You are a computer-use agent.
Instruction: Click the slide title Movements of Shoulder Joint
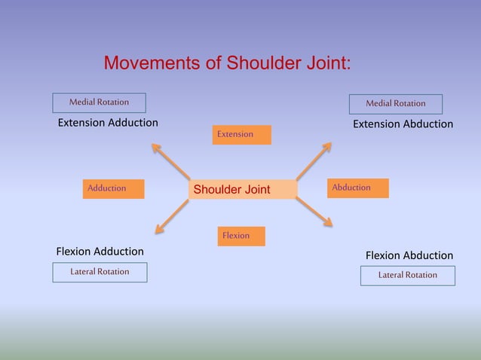tap(226, 62)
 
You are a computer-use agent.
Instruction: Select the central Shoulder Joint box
tap(243, 189)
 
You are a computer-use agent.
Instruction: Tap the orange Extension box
tap(242, 135)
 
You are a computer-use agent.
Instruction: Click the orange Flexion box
tap(241, 236)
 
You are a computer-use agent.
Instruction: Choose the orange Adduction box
tap(114, 188)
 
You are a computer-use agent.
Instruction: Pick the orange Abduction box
tap(358, 188)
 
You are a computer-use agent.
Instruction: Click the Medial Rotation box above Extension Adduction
tap(99, 102)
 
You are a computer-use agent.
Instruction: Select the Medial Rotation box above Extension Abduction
tap(396, 104)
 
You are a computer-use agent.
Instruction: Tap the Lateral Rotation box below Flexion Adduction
tap(100, 272)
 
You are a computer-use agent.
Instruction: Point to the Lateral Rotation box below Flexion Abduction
tap(408, 276)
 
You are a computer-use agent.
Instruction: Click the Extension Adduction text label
tap(108, 123)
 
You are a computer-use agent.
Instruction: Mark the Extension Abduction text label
tap(403, 124)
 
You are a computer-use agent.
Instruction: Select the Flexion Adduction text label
tap(100, 251)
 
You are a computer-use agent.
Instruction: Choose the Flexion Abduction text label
tap(409, 255)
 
